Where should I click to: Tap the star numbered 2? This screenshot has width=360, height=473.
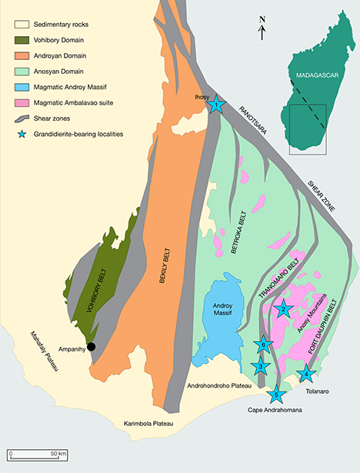(x=284, y=309)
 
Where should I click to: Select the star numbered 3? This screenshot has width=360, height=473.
(x=262, y=366)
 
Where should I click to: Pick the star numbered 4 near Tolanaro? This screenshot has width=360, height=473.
(x=307, y=375)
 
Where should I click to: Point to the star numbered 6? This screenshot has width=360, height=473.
(x=264, y=344)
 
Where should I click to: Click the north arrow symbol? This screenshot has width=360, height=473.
(x=262, y=31)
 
